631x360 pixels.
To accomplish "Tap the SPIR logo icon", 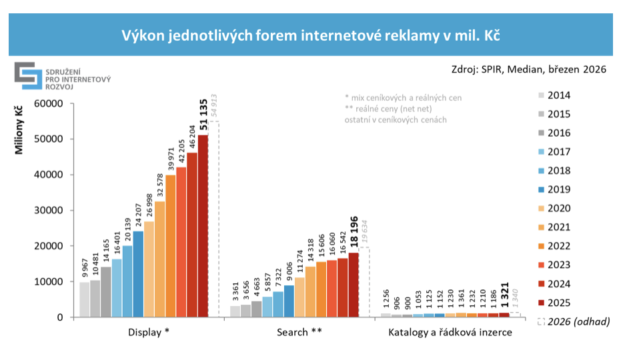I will (x=28, y=75).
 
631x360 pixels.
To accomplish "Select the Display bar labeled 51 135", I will (x=203, y=226).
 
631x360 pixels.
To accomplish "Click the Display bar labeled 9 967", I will (x=85, y=299).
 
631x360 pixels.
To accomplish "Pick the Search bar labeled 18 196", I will (x=354, y=285).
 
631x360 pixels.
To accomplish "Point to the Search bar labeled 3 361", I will (x=235, y=311).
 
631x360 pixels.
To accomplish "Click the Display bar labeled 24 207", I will (x=138, y=274).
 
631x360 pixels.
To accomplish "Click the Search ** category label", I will (x=300, y=331).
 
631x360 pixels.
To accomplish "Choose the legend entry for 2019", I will (x=558, y=189).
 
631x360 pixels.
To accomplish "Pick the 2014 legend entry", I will (x=558, y=95).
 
